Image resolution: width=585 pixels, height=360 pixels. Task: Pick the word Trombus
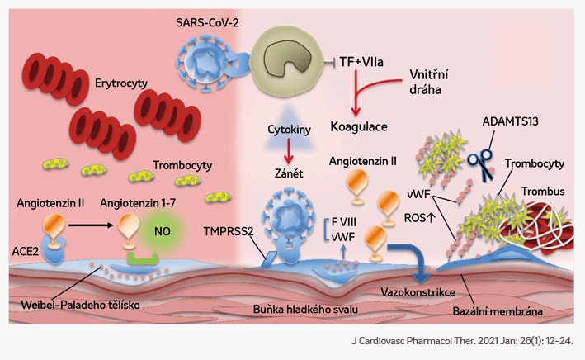[x=540, y=192]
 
